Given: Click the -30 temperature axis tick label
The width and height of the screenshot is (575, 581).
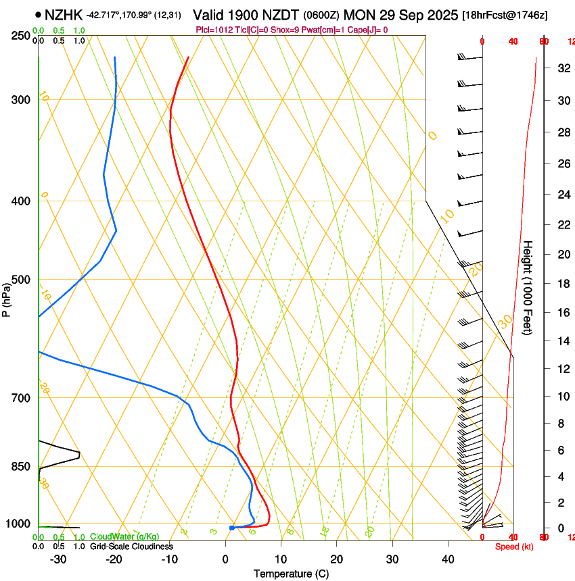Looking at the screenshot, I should pos(58,559).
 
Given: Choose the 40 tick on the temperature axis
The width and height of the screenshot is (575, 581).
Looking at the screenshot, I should pos(447,559).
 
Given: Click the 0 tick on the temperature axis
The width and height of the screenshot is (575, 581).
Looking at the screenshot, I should pos(225,559).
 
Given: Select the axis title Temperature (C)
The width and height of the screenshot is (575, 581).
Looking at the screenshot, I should pos(291,574).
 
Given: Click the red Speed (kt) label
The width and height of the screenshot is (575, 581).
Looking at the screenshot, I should pos(514,547).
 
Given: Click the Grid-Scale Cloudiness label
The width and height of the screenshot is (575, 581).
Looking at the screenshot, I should pos(131,547).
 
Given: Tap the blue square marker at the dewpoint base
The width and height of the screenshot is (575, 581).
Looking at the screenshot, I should pos(232,528).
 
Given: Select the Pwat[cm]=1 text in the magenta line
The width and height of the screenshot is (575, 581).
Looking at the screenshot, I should pos(319,30).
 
